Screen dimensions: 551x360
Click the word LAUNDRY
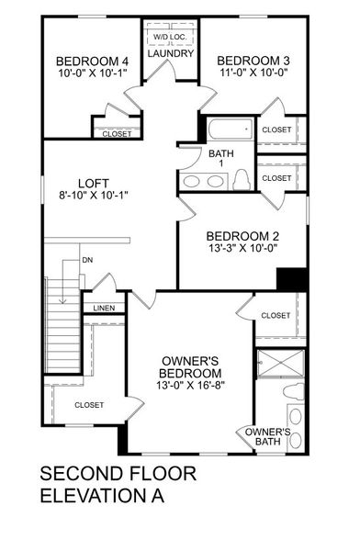tap(170, 54)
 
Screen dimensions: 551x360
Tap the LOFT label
tap(89, 180)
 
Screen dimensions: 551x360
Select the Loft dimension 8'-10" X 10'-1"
tap(89, 194)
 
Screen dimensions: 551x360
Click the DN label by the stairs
tap(87, 260)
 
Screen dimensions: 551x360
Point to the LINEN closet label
tap(103, 308)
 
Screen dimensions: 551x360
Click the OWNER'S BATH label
tap(266, 436)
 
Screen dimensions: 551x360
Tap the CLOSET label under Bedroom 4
tap(117, 134)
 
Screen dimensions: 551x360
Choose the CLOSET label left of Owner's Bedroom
tap(89, 405)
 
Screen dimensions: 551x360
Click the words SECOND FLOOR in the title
tap(118, 475)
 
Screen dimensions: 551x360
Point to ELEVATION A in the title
tap(103, 497)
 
